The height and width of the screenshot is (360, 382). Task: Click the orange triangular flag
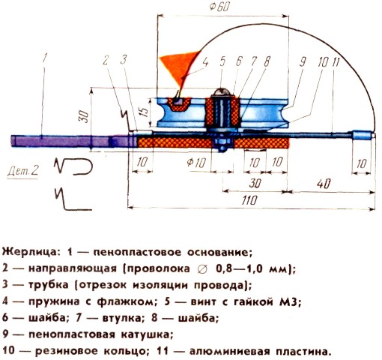click(x=181, y=65)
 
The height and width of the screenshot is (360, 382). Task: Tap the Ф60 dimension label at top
click(x=219, y=7)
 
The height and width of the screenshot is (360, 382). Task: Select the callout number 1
click(x=45, y=58)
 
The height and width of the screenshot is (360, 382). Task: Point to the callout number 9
click(x=303, y=61)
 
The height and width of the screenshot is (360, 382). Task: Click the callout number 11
click(x=336, y=61)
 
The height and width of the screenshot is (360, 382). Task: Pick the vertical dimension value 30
click(x=85, y=117)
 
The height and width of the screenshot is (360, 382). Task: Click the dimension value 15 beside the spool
click(x=145, y=112)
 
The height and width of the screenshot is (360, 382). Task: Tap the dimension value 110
click(x=249, y=200)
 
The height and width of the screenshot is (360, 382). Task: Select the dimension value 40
click(x=324, y=184)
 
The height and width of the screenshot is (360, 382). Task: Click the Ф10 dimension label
click(x=196, y=163)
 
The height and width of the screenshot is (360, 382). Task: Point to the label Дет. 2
click(x=23, y=171)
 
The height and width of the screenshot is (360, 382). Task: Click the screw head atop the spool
click(x=221, y=92)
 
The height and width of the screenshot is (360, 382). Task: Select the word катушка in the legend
click(x=147, y=334)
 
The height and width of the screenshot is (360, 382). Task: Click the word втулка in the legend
click(x=121, y=318)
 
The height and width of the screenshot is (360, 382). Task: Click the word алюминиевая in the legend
click(x=230, y=351)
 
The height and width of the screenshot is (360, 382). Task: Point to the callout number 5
click(x=222, y=61)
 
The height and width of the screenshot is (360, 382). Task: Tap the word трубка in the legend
click(x=49, y=285)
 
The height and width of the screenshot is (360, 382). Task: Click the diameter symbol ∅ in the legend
click(x=202, y=268)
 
